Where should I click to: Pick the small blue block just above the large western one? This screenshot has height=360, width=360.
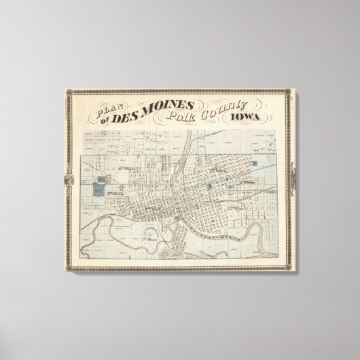(x=103, y=179)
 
